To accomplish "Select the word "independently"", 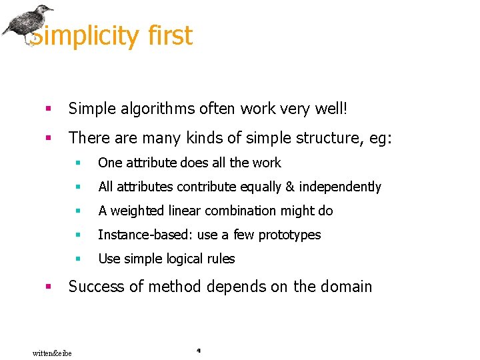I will (340, 187).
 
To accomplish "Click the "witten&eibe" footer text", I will (52, 353).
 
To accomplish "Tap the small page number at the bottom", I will (199, 349).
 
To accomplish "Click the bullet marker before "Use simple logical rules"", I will (77, 259).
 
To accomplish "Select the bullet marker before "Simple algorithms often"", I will (47, 108).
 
